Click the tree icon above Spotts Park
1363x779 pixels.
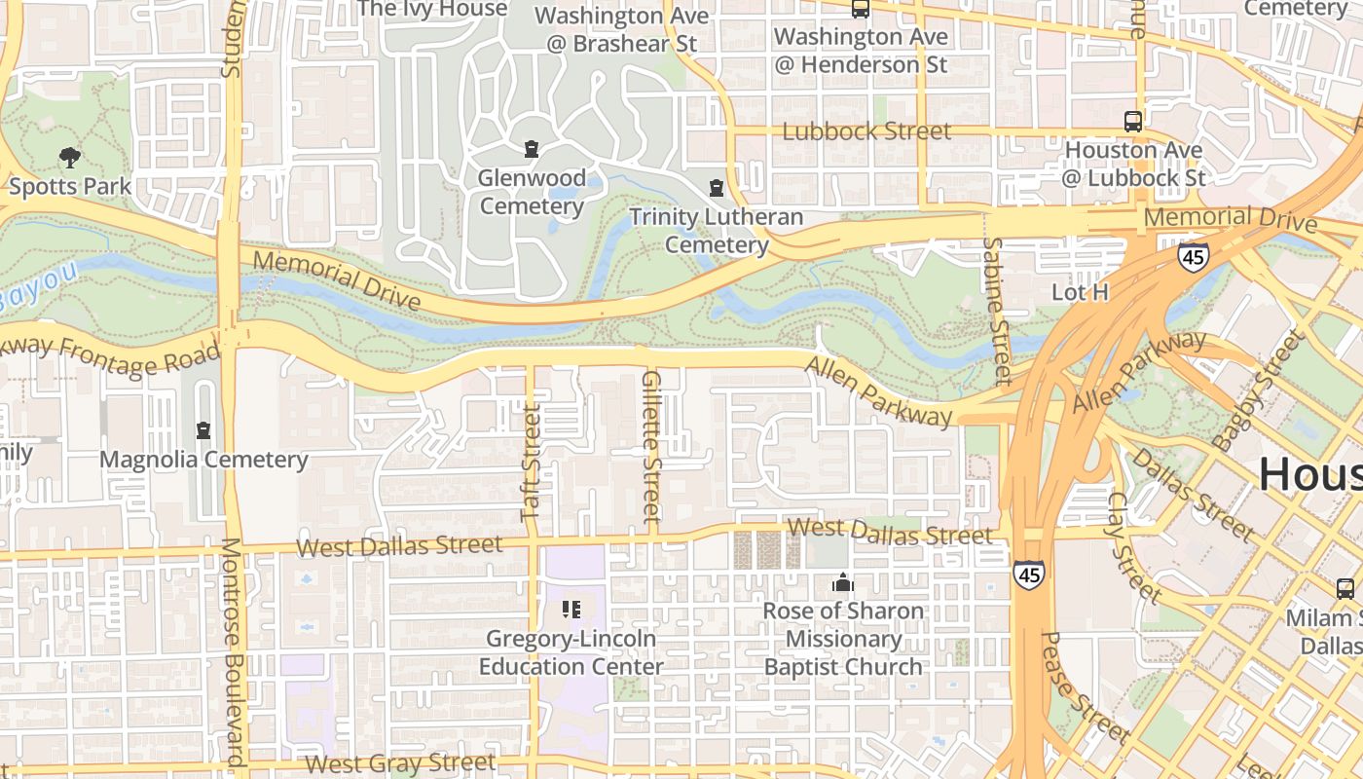[x=69, y=156]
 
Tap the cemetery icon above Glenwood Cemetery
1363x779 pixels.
[x=532, y=149]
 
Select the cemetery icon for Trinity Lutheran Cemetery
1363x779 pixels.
[x=717, y=187]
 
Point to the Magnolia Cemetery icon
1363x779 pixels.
[x=203, y=429]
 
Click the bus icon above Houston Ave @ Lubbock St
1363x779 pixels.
[x=1132, y=122]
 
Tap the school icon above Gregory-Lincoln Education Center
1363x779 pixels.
[x=571, y=610]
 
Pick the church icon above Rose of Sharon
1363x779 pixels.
[x=843, y=582]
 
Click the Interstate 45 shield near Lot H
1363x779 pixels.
[x=1193, y=257]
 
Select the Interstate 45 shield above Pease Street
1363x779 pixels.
[x=1029, y=574]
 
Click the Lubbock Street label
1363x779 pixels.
[x=866, y=130]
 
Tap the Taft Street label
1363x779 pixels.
[x=531, y=464]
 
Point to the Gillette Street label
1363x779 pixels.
[x=651, y=446]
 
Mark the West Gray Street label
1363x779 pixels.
[x=398, y=762]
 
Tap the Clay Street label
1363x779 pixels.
[x=1133, y=546]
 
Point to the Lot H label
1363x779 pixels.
[x=1080, y=292]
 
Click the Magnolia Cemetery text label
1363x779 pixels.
[x=203, y=460]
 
